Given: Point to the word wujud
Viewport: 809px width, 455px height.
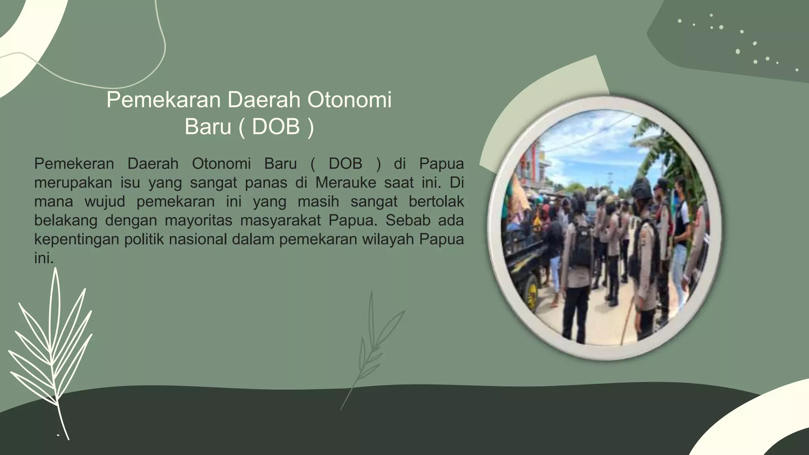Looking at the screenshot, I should pos(105,202).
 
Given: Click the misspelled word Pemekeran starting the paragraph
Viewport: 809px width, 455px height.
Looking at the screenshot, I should pos(74,164).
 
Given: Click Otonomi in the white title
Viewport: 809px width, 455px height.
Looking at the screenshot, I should pos(349,100).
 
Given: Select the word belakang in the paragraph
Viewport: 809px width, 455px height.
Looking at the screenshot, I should pos(66,220).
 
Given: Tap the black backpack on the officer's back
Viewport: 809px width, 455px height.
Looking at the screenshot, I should pos(581,245).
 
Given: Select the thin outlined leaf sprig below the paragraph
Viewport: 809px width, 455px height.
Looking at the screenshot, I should pos(371,348).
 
